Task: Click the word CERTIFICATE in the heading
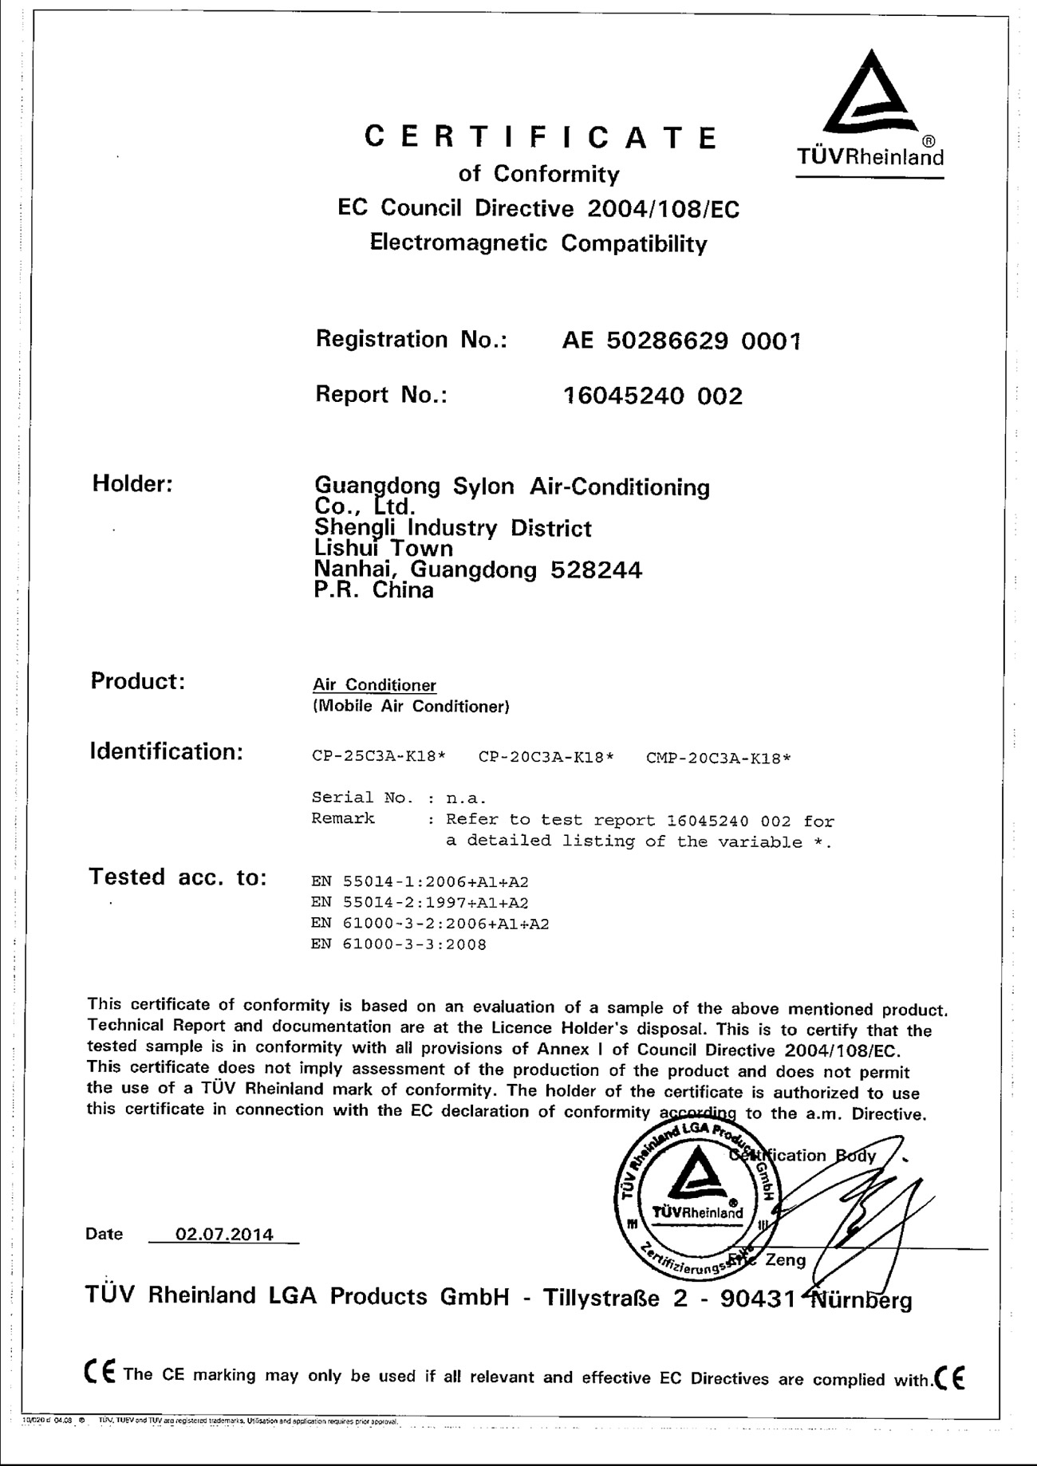point(541,138)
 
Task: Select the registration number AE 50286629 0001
point(681,341)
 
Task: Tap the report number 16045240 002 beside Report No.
point(653,396)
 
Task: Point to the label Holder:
point(132,483)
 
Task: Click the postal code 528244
point(596,569)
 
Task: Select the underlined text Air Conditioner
point(374,685)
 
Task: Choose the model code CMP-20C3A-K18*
point(718,758)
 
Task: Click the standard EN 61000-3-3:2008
point(399,945)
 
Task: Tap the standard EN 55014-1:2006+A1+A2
point(420,882)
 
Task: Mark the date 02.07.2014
point(224,1235)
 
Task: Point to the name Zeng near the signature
point(785,1260)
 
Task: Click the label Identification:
point(166,751)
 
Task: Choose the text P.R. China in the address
point(373,590)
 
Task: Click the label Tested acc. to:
point(177,877)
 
